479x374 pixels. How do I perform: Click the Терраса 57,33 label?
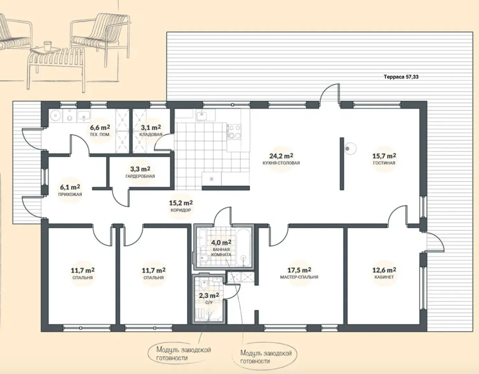[x=401, y=77]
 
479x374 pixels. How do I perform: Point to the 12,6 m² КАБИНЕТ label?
[x=384, y=273]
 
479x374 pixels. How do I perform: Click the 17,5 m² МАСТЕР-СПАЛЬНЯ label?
[x=299, y=273]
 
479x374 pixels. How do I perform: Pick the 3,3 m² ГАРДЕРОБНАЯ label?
[x=140, y=172]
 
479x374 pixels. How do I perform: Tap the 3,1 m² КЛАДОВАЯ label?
[x=151, y=131]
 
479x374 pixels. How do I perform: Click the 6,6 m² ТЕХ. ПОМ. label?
[x=100, y=131]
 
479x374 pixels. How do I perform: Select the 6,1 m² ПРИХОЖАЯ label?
[x=70, y=190]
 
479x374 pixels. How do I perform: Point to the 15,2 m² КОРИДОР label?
[x=181, y=206]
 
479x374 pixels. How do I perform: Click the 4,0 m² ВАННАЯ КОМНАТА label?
[x=221, y=248]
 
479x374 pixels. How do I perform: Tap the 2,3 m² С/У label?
[x=209, y=299]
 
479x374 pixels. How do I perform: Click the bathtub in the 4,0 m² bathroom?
[x=243, y=247]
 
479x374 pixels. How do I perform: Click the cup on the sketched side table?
[x=47, y=46]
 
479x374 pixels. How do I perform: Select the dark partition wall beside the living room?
[x=342, y=163]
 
